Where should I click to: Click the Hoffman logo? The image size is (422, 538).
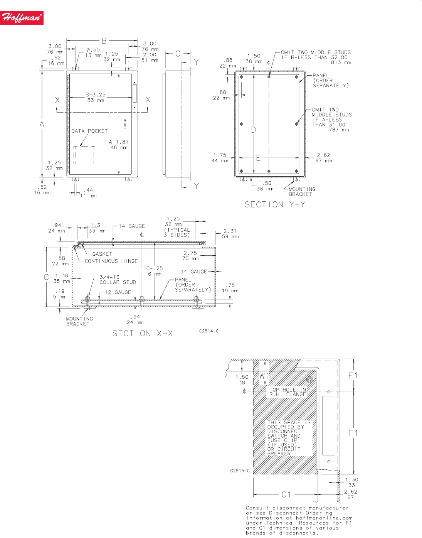click(22, 18)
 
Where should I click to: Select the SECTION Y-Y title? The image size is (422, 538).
click(275, 204)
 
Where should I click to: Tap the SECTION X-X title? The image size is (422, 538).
click(143, 334)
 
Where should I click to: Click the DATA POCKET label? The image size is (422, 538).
click(89, 131)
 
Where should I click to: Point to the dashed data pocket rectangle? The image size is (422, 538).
click(84, 146)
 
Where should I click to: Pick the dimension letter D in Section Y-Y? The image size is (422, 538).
click(254, 130)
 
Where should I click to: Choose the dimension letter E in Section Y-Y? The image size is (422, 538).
click(258, 158)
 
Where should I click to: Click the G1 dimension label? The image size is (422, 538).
click(286, 495)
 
